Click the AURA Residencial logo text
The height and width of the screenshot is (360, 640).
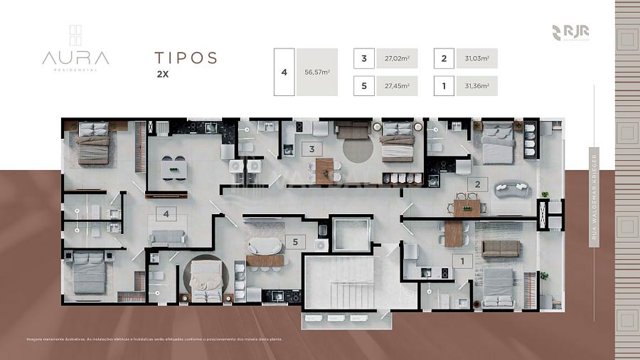(75, 58)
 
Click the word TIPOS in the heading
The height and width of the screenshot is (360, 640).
(186, 58)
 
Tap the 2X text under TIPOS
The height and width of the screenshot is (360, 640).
(163, 73)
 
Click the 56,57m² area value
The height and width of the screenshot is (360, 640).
(317, 72)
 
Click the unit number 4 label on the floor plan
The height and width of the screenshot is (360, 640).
(166, 212)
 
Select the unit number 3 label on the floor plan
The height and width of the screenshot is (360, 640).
(311, 149)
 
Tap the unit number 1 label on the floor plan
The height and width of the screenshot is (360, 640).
(463, 262)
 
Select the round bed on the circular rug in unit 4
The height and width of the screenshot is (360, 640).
(206, 277)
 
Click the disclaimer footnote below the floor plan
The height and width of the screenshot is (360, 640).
(154, 339)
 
